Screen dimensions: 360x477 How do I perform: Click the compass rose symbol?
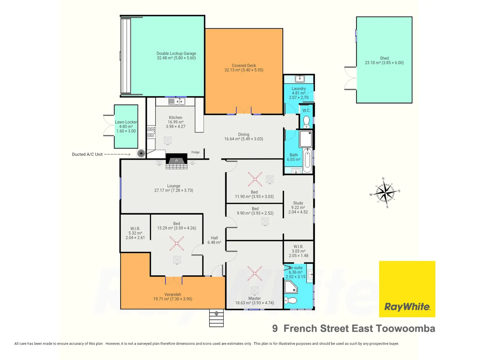[385, 193]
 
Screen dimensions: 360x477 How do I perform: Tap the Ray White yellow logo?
[407, 289]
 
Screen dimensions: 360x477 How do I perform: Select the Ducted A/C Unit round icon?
[141, 153]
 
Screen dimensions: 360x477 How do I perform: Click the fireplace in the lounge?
[176, 161]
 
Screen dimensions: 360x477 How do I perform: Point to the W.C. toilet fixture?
[306, 122]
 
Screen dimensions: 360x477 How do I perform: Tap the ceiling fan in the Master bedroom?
[255, 273]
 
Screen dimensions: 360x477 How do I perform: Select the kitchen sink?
[177, 101]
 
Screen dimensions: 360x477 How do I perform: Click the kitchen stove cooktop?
[151, 132]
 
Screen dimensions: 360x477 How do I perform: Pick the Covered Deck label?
[244, 68]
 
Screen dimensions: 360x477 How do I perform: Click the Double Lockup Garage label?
[176, 56]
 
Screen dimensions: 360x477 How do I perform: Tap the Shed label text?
[384, 60]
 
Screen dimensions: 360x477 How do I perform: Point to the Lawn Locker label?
[126, 127]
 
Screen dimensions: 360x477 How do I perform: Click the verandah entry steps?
[216, 318]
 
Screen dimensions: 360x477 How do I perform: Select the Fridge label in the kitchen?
[195, 152]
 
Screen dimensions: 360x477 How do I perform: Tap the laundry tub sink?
[300, 79]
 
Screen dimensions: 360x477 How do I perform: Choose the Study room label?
[298, 207]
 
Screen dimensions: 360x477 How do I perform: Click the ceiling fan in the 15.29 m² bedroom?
[177, 243]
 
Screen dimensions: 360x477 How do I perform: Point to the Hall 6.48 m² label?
[214, 240]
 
